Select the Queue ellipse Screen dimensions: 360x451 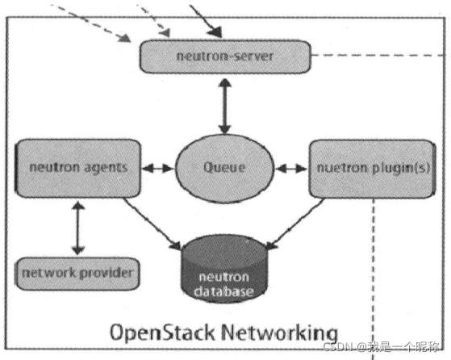pyautogui.click(x=223, y=169)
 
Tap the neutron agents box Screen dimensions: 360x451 pyautogui.click(x=78, y=169)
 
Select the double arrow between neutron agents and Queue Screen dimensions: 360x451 pyautogui.click(x=158, y=169)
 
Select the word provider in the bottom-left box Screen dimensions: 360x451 pyautogui.click(x=106, y=273)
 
